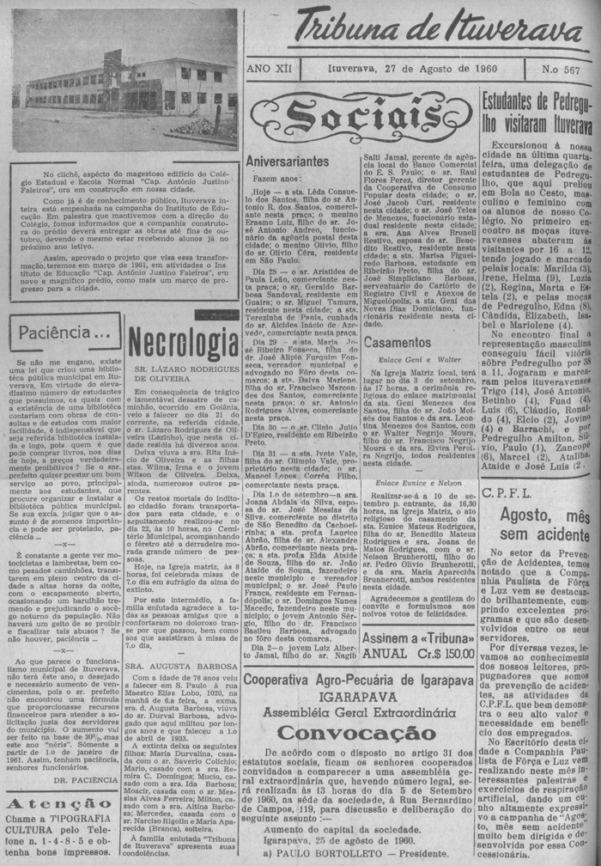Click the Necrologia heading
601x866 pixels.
(x=182, y=345)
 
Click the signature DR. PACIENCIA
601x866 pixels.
(x=84, y=780)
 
